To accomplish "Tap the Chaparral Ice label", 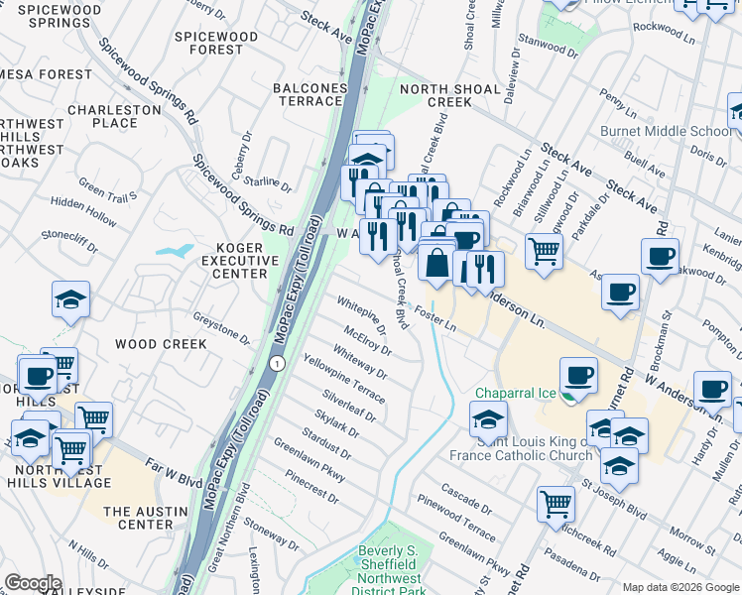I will coord(516,393).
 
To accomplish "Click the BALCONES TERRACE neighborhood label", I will coord(310,95).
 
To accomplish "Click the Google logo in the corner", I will coord(33,582).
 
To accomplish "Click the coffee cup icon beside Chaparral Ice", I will coord(578,376).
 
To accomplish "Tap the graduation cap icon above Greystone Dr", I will coord(70,298).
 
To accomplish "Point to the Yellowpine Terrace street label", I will coord(343,373).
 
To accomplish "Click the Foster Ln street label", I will coord(435,318).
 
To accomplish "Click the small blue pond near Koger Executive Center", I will coord(173,250).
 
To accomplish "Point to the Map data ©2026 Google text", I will coord(680,587).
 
